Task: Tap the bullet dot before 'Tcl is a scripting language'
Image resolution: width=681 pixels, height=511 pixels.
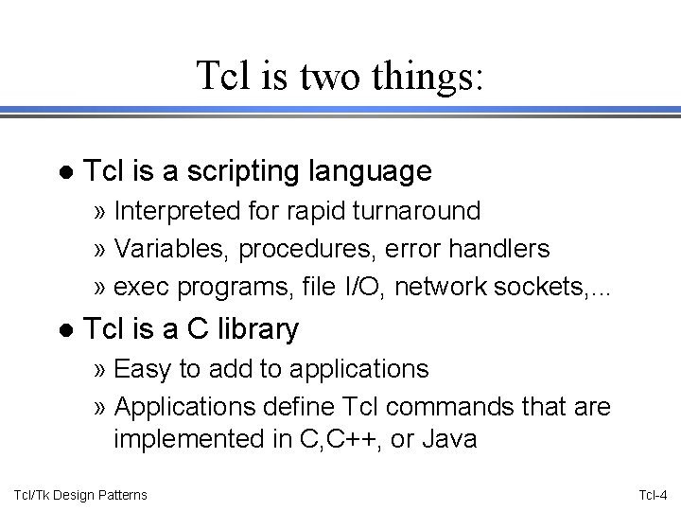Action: (64, 172)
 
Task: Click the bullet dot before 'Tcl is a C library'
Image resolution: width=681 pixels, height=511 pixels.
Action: (64, 329)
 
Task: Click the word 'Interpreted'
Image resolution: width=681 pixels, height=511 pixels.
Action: (176, 210)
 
